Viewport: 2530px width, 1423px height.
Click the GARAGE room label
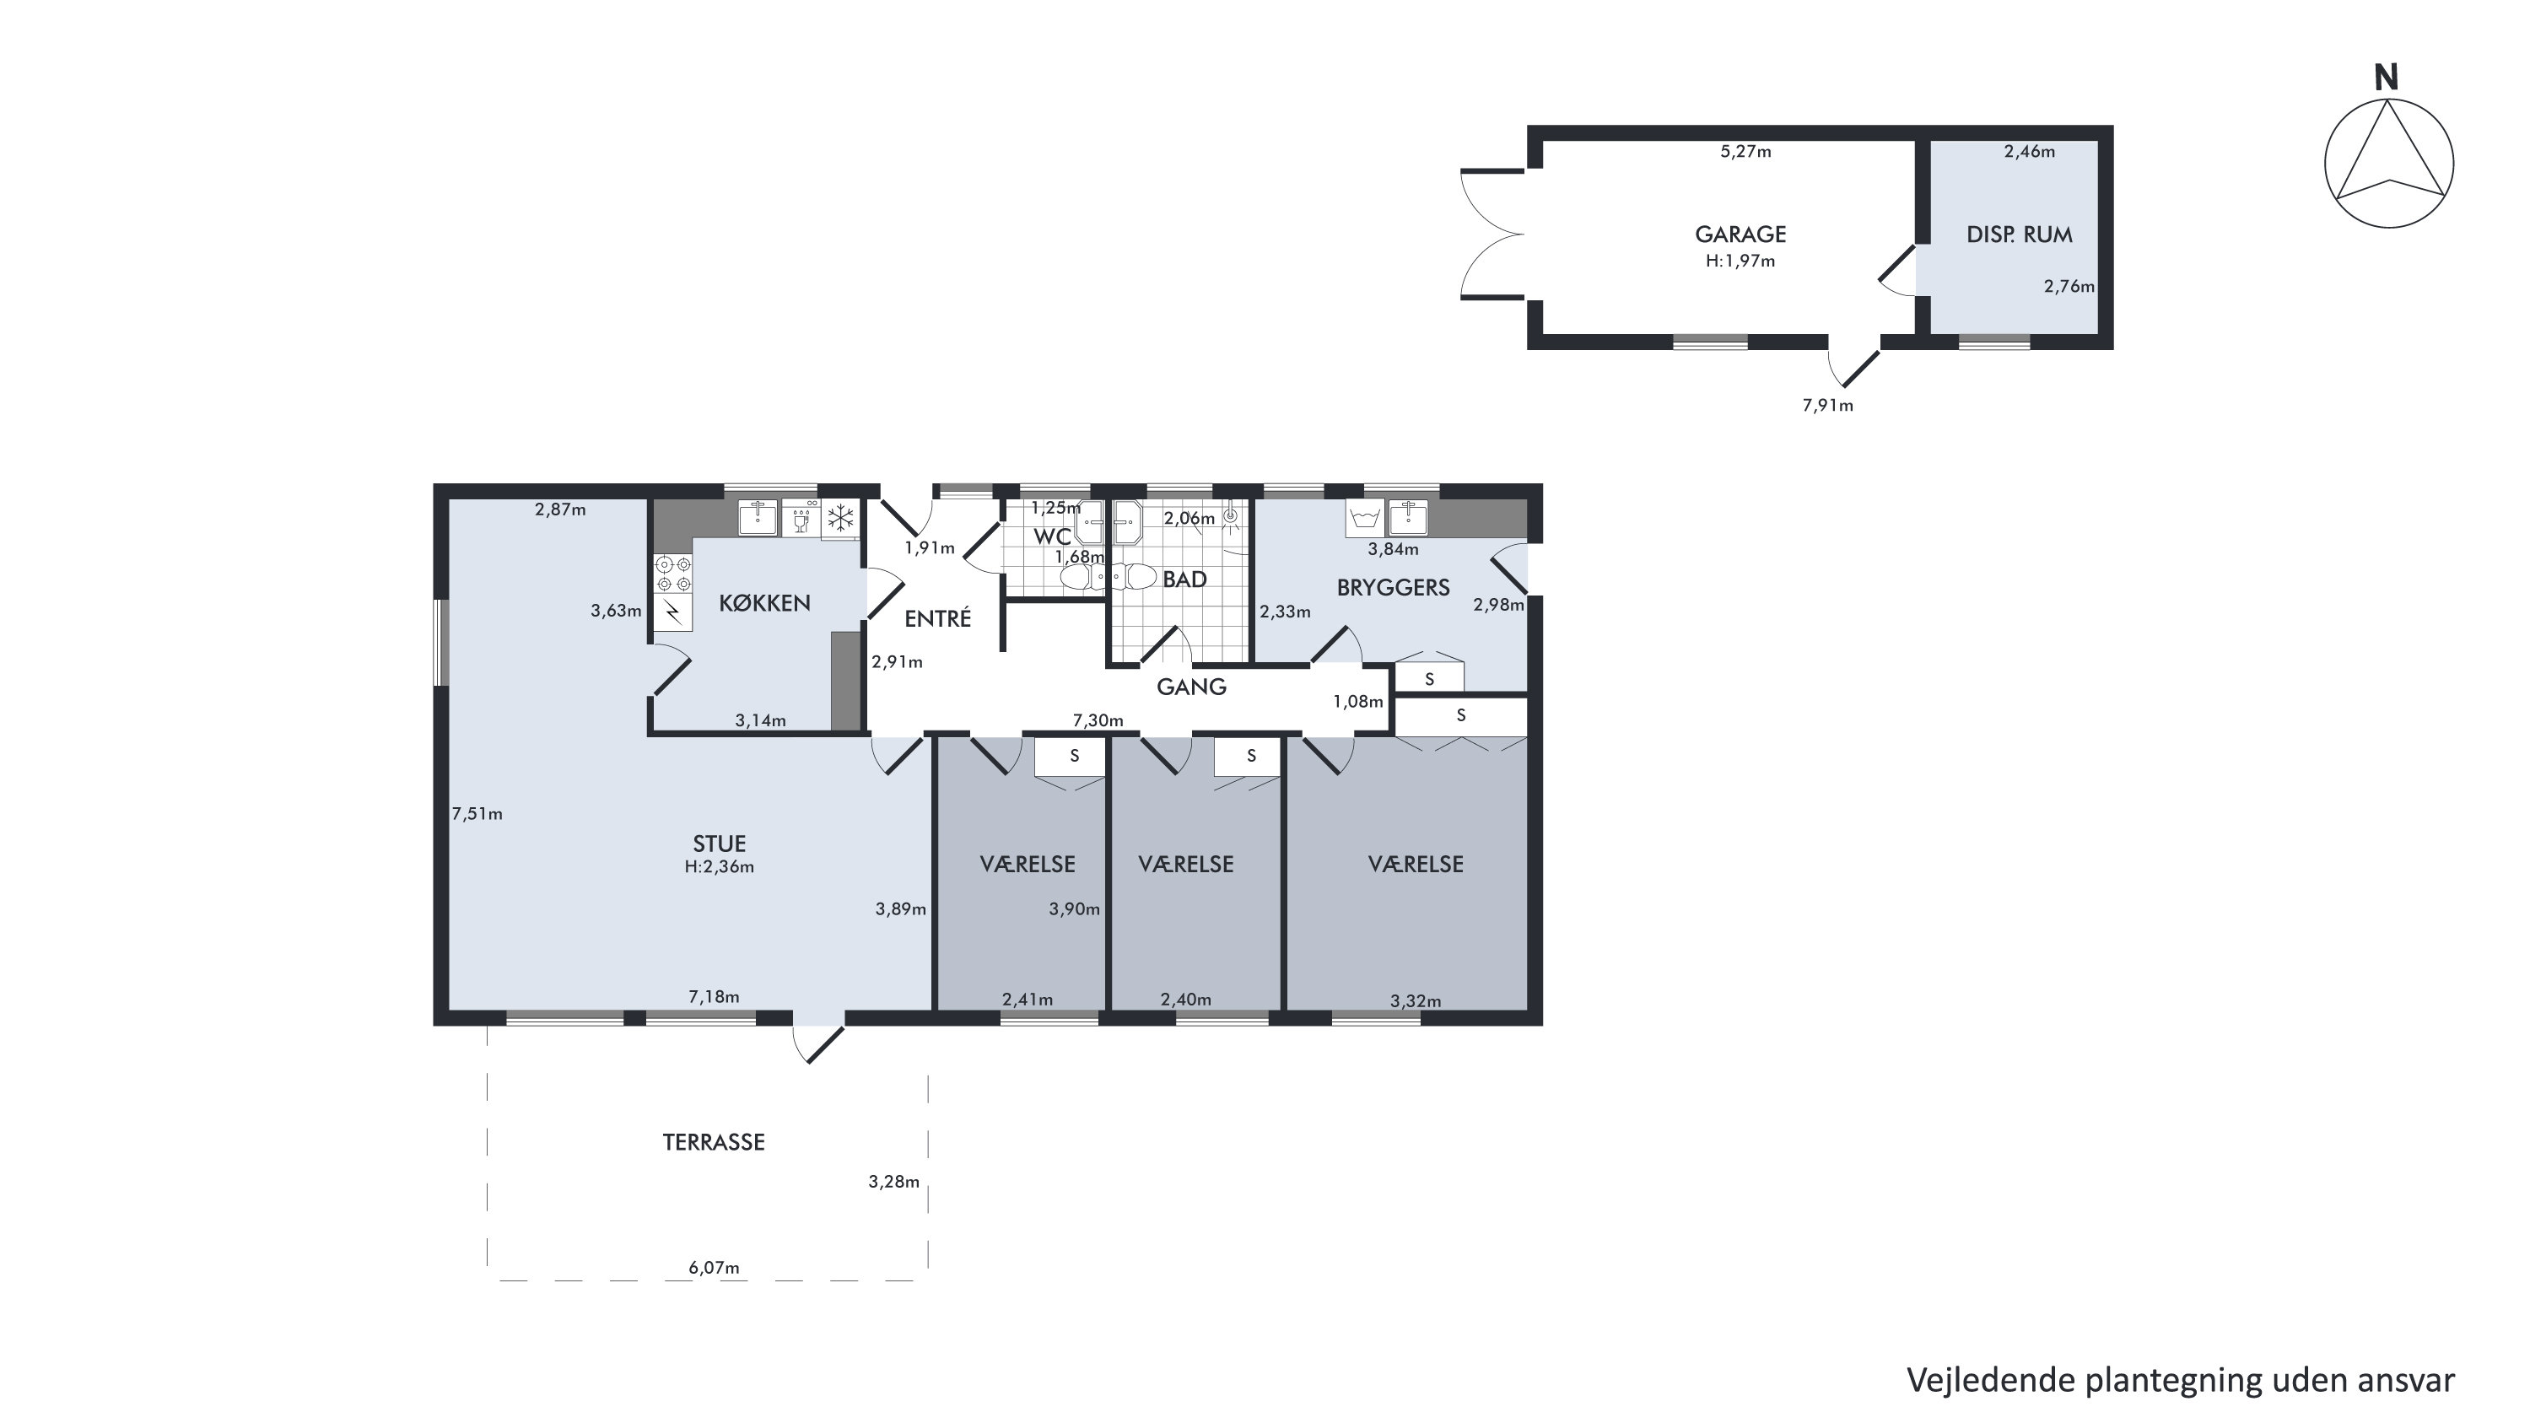[1740, 234]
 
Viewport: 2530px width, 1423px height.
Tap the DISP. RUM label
[2020, 234]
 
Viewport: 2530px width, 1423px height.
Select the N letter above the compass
[2387, 78]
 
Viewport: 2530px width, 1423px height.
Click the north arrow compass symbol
[2388, 164]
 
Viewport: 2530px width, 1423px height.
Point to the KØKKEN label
[764, 603]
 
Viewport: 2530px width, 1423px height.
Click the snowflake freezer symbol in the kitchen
[839, 518]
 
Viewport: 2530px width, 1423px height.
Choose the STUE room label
[720, 844]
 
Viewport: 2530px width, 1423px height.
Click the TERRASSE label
[713, 1142]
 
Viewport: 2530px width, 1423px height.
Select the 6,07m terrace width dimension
[714, 1268]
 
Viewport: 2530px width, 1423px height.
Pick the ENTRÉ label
[937, 617]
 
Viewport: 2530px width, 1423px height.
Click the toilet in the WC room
[1081, 576]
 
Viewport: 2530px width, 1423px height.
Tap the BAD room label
[1184, 579]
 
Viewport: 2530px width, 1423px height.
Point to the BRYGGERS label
[1393, 587]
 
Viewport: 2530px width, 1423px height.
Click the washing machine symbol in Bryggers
[1364, 518]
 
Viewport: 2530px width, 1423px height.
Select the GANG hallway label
[1191, 687]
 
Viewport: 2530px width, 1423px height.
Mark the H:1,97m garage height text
[1740, 261]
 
